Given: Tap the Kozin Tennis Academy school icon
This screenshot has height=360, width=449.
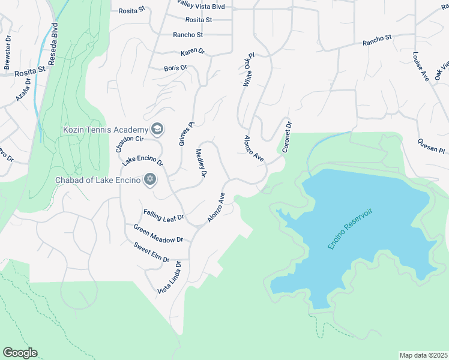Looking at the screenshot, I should pyautogui.click(x=157, y=128).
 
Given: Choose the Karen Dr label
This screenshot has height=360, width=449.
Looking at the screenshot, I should pyautogui.click(x=193, y=52).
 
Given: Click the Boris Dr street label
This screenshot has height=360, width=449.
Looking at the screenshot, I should pyautogui.click(x=175, y=68).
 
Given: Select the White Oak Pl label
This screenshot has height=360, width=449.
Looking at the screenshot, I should pyautogui.click(x=249, y=70).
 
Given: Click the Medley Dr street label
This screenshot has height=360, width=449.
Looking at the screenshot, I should pyautogui.click(x=201, y=163).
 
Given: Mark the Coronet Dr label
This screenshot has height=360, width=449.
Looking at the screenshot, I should pyautogui.click(x=285, y=137).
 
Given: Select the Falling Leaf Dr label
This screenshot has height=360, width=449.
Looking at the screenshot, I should pyautogui.click(x=163, y=214).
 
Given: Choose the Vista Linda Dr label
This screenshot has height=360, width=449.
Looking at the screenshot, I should pyautogui.click(x=169, y=278).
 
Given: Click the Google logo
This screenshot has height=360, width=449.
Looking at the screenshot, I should pyautogui.click(x=20, y=353).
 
